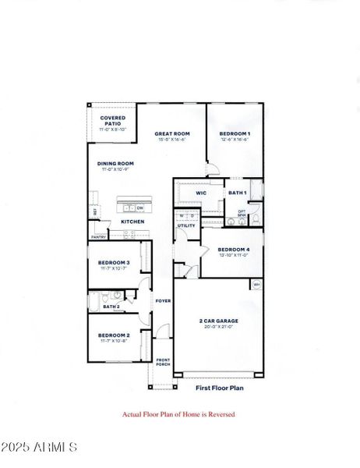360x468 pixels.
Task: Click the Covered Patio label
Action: tap(113, 122)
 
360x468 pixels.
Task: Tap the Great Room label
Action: tap(172, 134)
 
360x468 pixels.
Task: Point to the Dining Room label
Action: tap(115, 164)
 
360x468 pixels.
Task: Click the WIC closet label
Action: tap(200, 193)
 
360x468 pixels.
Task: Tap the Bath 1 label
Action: tap(238, 193)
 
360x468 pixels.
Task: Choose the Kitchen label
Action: tap(132, 222)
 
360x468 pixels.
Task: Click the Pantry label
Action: tap(98, 237)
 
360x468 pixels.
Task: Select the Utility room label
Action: tap(186, 226)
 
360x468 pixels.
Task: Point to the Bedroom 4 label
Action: tap(235, 250)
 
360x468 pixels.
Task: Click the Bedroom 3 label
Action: tap(114, 263)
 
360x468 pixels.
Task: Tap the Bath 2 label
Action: tap(111, 307)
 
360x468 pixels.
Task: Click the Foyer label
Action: tap(163, 301)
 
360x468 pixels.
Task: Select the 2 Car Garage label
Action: tap(219, 321)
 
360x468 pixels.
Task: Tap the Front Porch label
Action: tap(163, 362)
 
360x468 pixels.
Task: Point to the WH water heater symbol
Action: tap(256, 285)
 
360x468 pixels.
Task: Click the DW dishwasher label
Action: tap(140, 208)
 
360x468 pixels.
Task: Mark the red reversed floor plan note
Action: tap(178, 414)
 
